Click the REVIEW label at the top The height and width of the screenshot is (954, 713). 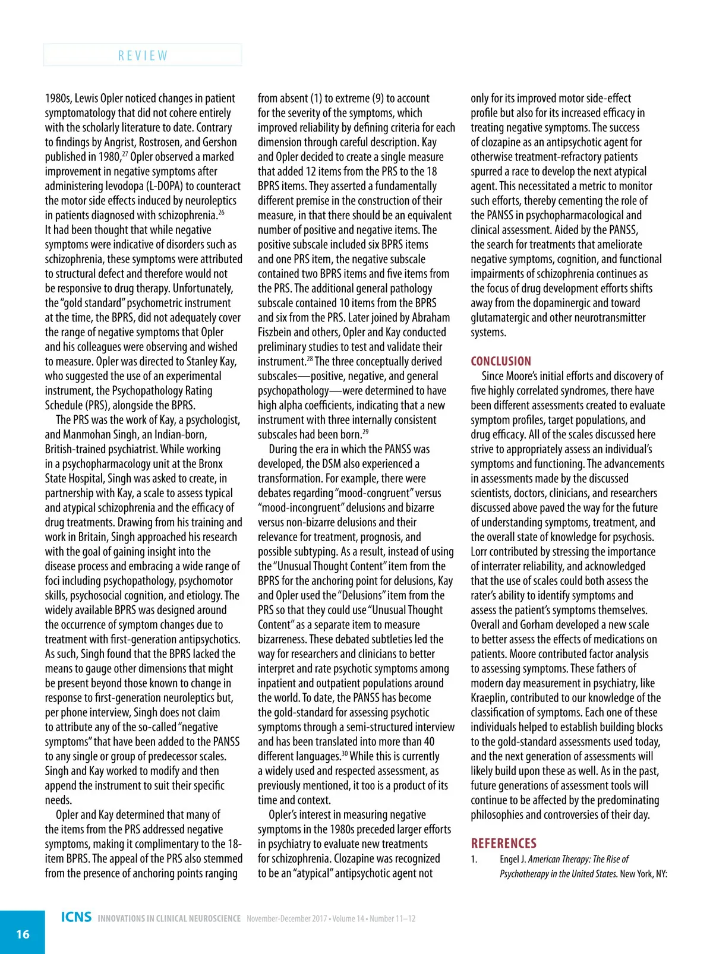(x=143, y=55)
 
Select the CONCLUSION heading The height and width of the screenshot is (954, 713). (x=501, y=361)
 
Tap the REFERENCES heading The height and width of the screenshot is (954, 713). (x=503, y=843)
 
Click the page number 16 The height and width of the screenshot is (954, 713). (x=23, y=934)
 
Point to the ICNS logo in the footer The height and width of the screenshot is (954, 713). (x=76, y=917)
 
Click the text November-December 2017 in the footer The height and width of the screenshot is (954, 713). (x=286, y=918)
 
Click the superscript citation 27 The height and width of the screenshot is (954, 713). (x=125, y=154)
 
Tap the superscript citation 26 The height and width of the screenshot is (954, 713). (x=221, y=212)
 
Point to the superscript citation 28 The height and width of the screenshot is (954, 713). (x=310, y=358)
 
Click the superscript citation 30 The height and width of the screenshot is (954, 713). (x=344, y=753)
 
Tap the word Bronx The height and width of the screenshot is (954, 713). (x=210, y=463)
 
